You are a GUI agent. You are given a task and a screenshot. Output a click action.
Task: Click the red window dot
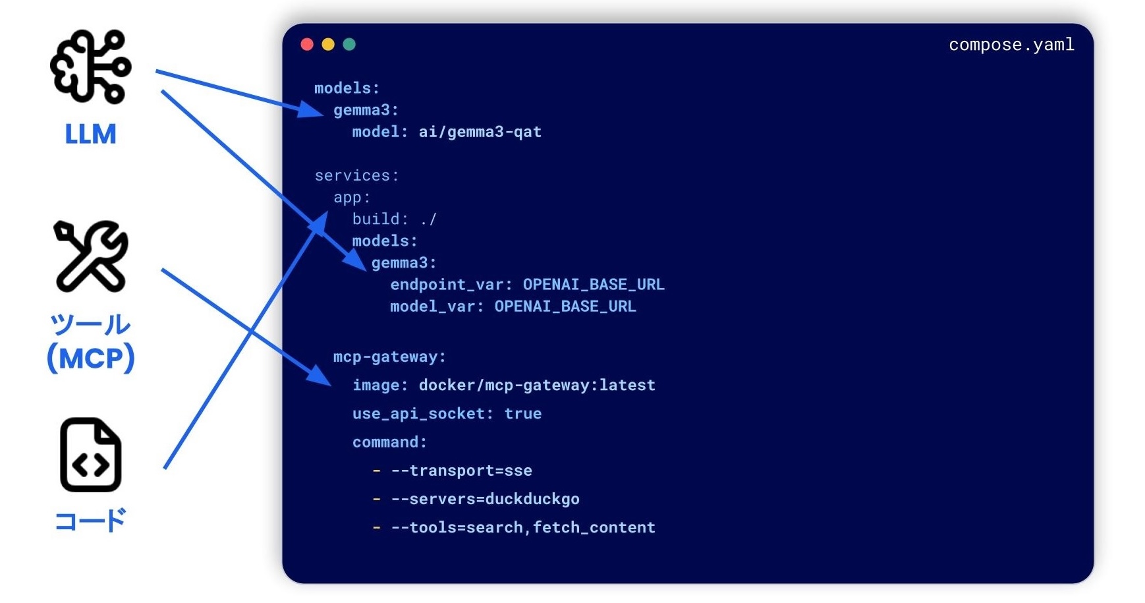pyautogui.click(x=307, y=44)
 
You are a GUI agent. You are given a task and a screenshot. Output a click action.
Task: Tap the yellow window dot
pyautogui.click(x=328, y=44)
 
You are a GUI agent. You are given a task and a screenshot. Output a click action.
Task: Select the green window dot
pyautogui.click(x=349, y=44)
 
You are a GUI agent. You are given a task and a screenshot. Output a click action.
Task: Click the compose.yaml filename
pyautogui.click(x=1011, y=45)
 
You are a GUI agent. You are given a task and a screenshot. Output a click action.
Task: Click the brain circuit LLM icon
pyautogui.click(x=91, y=67)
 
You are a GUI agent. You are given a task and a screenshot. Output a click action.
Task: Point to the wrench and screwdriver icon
pyautogui.click(x=91, y=256)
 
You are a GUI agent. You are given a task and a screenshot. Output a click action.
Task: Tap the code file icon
pyautogui.click(x=91, y=455)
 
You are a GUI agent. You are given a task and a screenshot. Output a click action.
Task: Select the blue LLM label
pyautogui.click(x=91, y=134)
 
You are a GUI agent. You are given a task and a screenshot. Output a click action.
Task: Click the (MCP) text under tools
pyautogui.click(x=91, y=359)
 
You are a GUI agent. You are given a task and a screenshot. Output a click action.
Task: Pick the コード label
pyautogui.click(x=91, y=521)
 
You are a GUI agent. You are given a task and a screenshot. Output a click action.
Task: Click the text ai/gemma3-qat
pyautogui.click(x=480, y=132)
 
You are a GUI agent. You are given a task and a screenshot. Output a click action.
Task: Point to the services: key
pyautogui.click(x=356, y=175)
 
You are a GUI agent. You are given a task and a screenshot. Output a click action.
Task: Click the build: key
pyautogui.click(x=380, y=219)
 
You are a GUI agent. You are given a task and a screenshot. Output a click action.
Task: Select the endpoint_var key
pyautogui.click(x=451, y=285)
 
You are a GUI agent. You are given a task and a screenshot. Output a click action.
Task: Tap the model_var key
pyautogui.click(x=437, y=306)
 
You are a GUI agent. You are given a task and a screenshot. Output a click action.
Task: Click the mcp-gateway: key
pyautogui.click(x=389, y=357)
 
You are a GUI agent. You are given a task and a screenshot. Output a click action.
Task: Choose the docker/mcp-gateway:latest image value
pyautogui.click(x=537, y=386)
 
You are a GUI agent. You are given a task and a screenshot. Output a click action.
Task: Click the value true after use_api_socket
pyautogui.click(x=523, y=414)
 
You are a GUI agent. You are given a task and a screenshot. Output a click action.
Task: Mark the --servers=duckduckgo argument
pyautogui.click(x=485, y=499)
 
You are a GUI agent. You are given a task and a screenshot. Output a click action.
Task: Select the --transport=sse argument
pyautogui.click(x=461, y=471)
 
